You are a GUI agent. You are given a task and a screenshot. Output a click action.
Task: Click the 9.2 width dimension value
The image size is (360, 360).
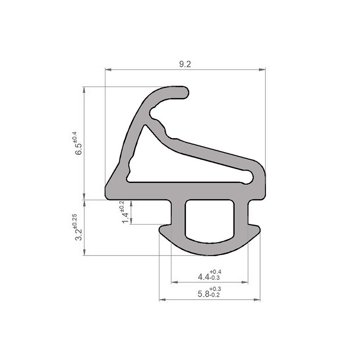click(185, 64)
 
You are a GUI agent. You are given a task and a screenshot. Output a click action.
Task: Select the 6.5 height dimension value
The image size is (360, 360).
click(79, 149)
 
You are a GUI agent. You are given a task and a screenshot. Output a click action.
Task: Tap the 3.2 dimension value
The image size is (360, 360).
click(79, 234)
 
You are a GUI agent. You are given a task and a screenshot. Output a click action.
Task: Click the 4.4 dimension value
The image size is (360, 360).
click(203, 276)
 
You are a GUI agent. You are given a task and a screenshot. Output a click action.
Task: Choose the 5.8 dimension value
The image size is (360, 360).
click(203, 294)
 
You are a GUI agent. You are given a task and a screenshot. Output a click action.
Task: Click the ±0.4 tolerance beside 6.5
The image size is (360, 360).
click(75, 137)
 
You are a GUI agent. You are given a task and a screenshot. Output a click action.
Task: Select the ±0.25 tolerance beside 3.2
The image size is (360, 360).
click(75, 220)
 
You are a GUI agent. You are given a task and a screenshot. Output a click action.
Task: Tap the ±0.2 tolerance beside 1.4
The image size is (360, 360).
click(121, 207)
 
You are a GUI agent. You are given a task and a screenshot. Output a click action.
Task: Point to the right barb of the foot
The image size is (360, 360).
click(255, 229)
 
